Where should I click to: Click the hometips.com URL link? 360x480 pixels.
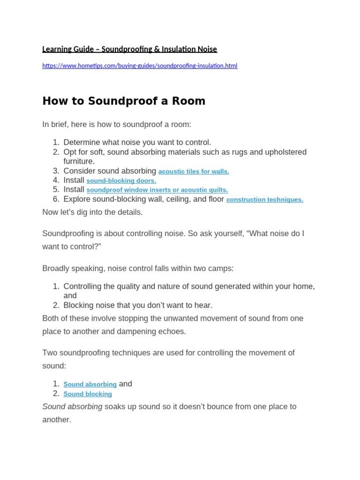pos(140,66)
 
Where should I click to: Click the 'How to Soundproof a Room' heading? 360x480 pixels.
pos(124,101)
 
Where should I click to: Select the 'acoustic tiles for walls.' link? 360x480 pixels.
pos(194,172)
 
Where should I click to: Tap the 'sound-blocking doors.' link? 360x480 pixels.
pos(121,181)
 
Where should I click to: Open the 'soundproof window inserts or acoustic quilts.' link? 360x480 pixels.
pos(157,190)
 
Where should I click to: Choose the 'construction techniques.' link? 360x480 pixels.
pos(264,200)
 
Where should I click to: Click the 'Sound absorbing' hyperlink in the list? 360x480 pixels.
pos(90,384)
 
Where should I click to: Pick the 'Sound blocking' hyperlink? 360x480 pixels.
pos(88,394)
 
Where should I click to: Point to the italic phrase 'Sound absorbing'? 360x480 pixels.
pos(72,407)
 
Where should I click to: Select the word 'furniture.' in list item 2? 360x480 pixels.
pos(79,162)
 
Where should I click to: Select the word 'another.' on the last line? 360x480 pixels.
pos(57,420)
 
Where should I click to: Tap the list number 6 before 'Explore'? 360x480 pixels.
pos(56,199)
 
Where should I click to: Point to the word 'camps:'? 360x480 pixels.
pos(222,269)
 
